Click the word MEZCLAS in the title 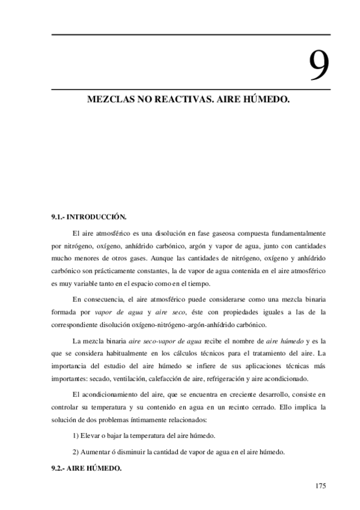110,97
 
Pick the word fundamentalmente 296,233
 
